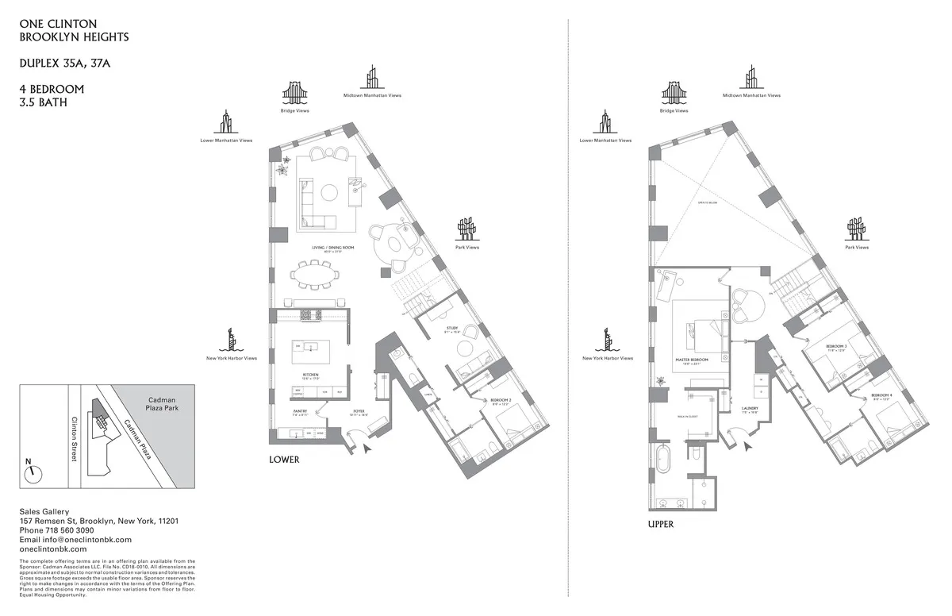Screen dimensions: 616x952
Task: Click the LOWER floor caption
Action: (284, 460)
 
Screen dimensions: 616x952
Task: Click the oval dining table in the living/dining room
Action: (315, 276)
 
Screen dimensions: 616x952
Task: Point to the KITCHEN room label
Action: (310, 375)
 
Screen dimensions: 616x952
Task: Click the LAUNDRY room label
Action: (750, 409)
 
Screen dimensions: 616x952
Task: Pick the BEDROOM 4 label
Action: (881, 395)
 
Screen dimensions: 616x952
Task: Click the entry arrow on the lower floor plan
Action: (367, 449)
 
